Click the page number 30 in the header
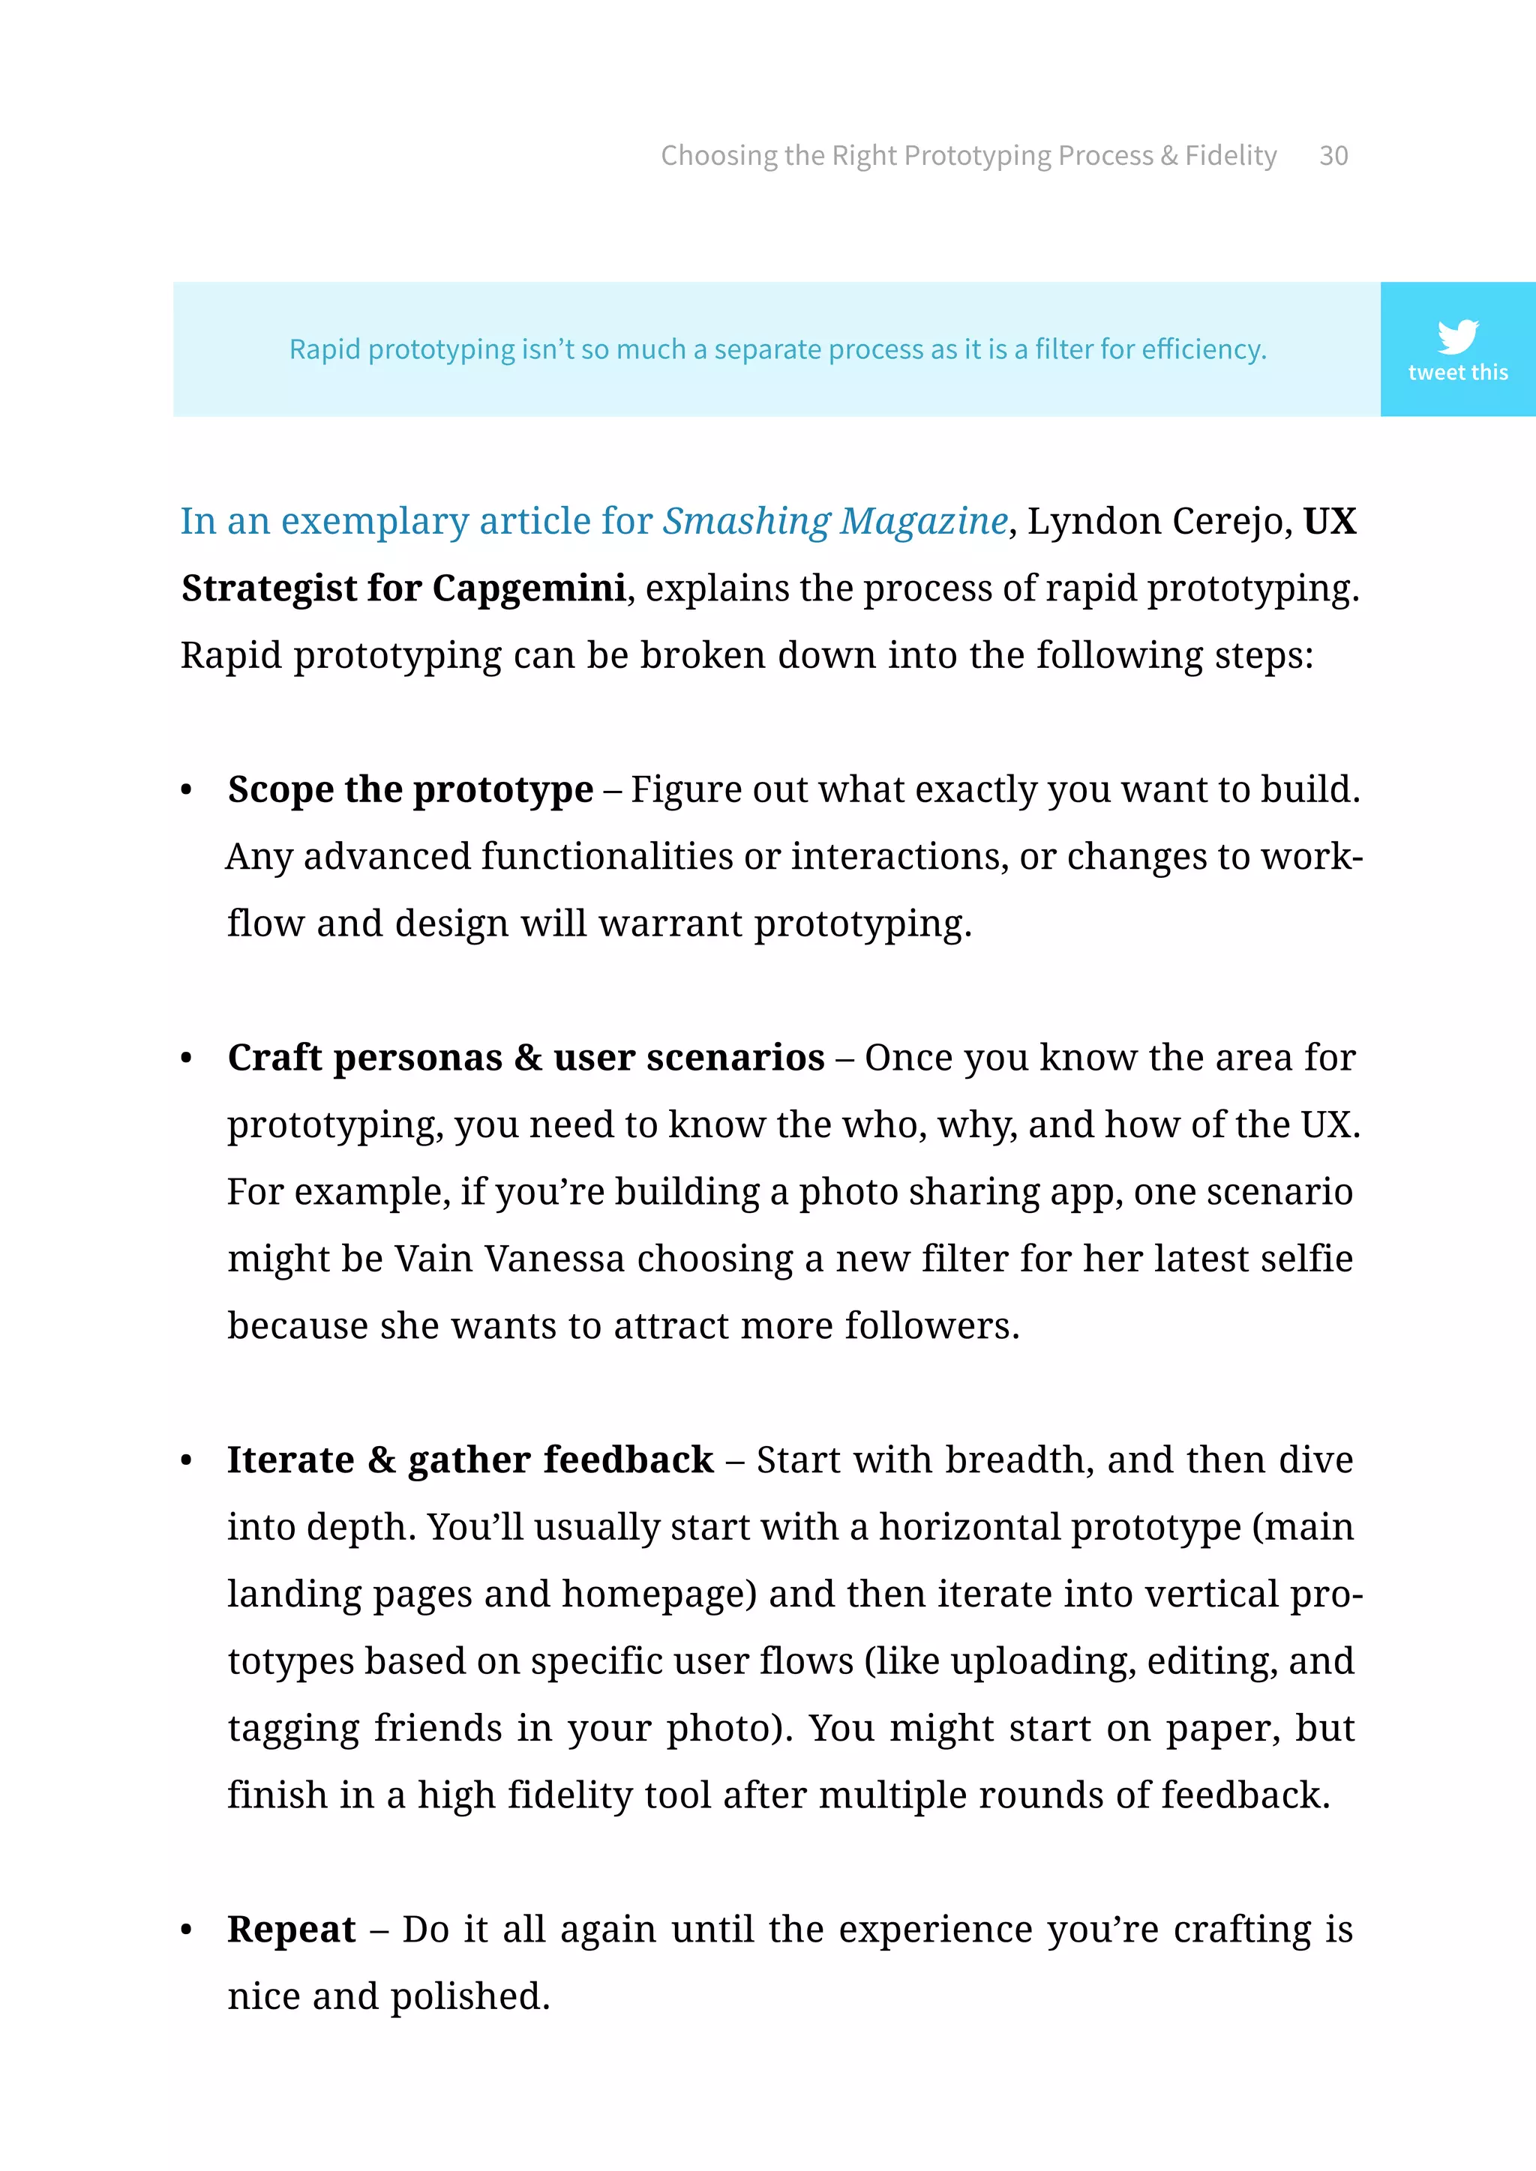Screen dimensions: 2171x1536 [1333, 155]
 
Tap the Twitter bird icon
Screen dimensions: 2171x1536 [1456, 336]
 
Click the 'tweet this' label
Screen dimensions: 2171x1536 [1456, 373]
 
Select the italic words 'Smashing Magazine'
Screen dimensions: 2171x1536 [835, 521]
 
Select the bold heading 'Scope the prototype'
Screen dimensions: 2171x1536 [410, 789]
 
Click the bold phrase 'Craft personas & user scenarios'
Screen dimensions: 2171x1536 [526, 1057]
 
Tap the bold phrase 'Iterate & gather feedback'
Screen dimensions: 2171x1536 [470, 1460]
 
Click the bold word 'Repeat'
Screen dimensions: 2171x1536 [291, 1929]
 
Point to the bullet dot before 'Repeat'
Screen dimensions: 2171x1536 [186, 1930]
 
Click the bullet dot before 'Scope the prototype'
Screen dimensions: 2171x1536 [186, 790]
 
